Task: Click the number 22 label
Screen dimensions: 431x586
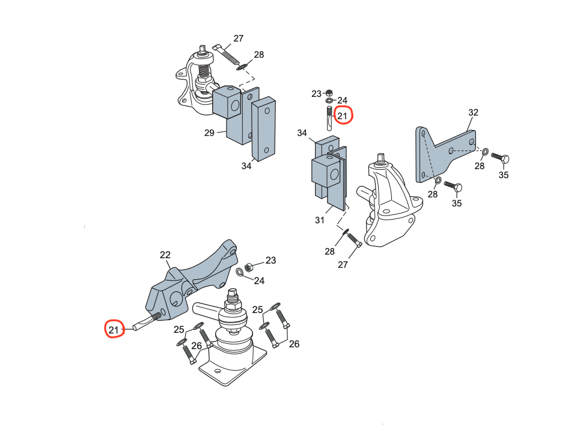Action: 165,255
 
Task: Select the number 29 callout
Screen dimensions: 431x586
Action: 209,132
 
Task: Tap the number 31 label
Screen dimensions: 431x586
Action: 320,220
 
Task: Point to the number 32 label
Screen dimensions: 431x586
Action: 474,113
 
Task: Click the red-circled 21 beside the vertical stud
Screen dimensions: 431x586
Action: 343,116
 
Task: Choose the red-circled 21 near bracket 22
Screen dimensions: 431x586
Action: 114,329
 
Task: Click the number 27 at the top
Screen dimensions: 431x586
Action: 239,39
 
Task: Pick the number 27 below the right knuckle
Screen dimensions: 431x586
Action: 343,264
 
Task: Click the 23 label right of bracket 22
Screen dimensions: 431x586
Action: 271,261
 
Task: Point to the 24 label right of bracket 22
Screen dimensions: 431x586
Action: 259,281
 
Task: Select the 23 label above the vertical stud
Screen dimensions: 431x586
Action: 317,94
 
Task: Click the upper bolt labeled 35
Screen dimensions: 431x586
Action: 501,158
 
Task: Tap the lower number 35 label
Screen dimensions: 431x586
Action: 457,203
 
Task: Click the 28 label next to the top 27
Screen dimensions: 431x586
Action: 258,55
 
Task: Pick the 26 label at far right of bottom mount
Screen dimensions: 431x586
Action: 294,344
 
